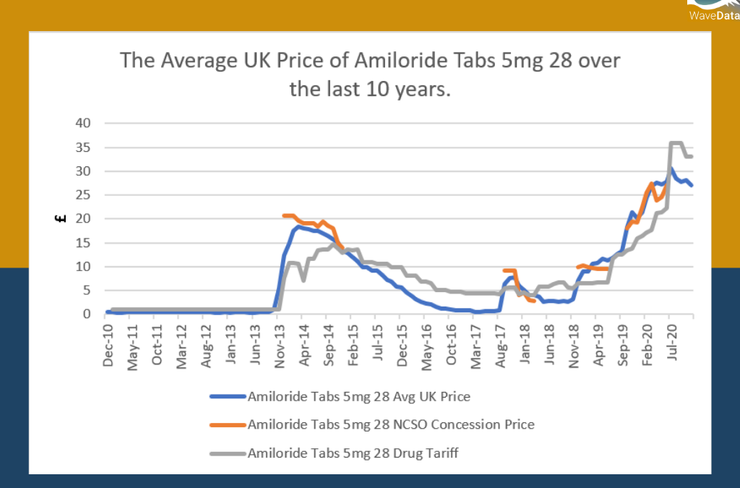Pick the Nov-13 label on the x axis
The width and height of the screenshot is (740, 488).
click(x=280, y=345)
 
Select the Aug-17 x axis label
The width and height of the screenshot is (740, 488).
click(x=500, y=345)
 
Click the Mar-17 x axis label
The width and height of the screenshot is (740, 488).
click(x=476, y=345)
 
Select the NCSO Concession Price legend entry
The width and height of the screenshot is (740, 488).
click(x=390, y=424)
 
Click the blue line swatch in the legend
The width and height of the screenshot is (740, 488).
click(x=227, y=396)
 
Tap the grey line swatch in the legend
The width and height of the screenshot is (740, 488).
click(x=227, y=453)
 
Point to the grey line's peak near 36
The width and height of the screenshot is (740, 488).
click(x=676, y=142)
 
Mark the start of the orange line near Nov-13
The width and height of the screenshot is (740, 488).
click(x=284, y=215)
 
